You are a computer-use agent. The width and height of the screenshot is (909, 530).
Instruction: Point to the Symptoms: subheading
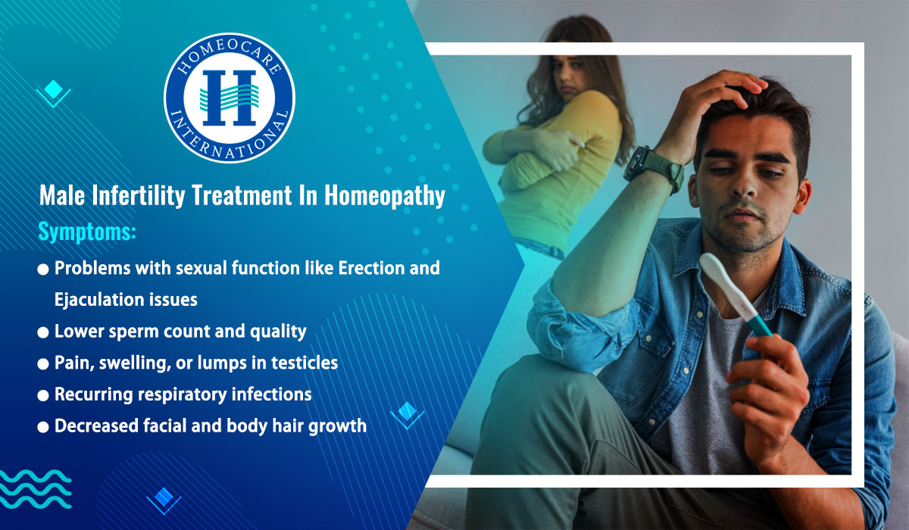87,232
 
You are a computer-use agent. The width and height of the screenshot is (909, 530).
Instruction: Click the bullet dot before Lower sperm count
43,332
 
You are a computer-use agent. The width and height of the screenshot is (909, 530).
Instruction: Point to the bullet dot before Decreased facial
43,427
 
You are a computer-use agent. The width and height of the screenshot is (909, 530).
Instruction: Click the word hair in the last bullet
298,426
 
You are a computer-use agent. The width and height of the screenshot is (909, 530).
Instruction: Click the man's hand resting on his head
720,95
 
